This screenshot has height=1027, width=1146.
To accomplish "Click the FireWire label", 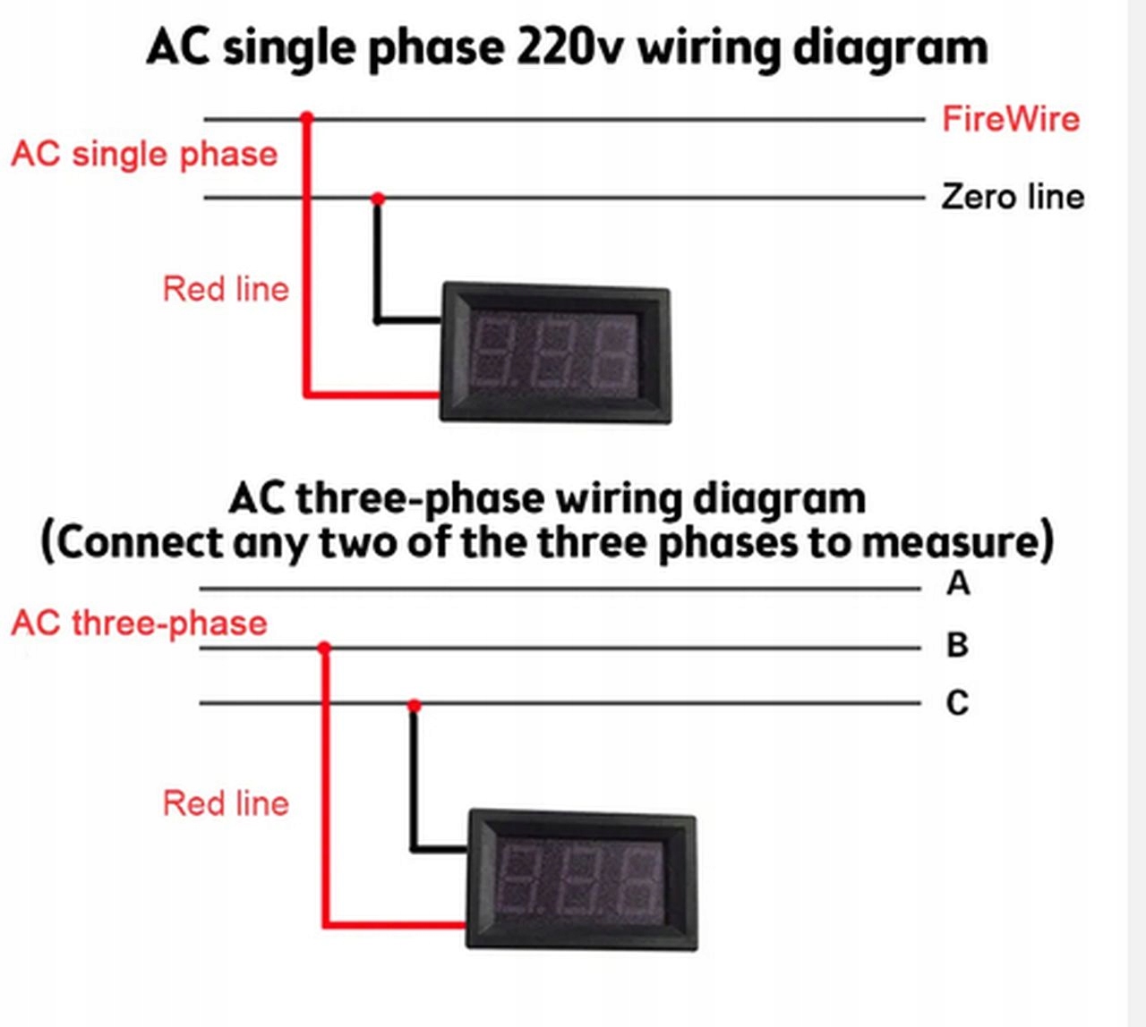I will tap(1010, 119).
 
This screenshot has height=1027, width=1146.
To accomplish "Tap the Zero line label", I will tap(1012, 197).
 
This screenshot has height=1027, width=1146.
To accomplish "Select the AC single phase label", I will tap(144, 154).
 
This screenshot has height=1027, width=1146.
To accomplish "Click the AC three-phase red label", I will tap(139, 623).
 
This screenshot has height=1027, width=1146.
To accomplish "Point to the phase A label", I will tap(958, 584).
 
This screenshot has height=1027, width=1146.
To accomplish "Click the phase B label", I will tap(957, 645).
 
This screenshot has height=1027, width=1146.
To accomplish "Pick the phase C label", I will tap(957, 703).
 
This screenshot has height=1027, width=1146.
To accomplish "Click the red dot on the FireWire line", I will tap(307, 117).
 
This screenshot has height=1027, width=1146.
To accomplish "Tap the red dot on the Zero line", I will tap(378, 198).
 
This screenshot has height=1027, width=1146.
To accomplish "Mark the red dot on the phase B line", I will tap(324, 648).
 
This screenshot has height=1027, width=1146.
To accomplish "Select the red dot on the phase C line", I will tap(414, 706).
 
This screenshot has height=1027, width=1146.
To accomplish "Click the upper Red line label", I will tap(226, 289).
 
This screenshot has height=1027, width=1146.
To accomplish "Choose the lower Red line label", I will tap(226, 803).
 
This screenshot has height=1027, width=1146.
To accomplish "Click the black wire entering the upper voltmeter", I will tap(407, 318).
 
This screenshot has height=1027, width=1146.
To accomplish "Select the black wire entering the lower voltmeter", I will tap(439, 847).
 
